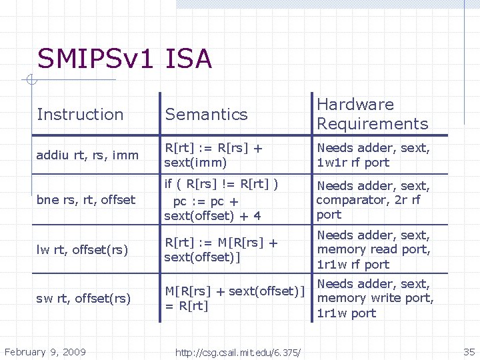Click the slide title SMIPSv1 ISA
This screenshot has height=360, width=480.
(125, 59)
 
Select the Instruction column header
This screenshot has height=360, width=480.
(80, 115)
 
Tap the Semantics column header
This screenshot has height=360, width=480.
(206, 115)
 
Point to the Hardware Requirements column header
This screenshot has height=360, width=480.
(372, 114)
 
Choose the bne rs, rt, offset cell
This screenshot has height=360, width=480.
(86, 200)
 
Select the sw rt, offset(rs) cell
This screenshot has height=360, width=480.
(83, 298)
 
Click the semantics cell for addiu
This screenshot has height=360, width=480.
(213, 155)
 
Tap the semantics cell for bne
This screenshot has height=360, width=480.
(222, 200)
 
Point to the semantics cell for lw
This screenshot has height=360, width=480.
(221, 250)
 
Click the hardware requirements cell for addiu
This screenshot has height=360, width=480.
(373, 155)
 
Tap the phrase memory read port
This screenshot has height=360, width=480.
(373, 250)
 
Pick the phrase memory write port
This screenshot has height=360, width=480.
(375, 298)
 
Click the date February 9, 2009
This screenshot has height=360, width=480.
(45, 351)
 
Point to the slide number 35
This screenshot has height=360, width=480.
(469, 351)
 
